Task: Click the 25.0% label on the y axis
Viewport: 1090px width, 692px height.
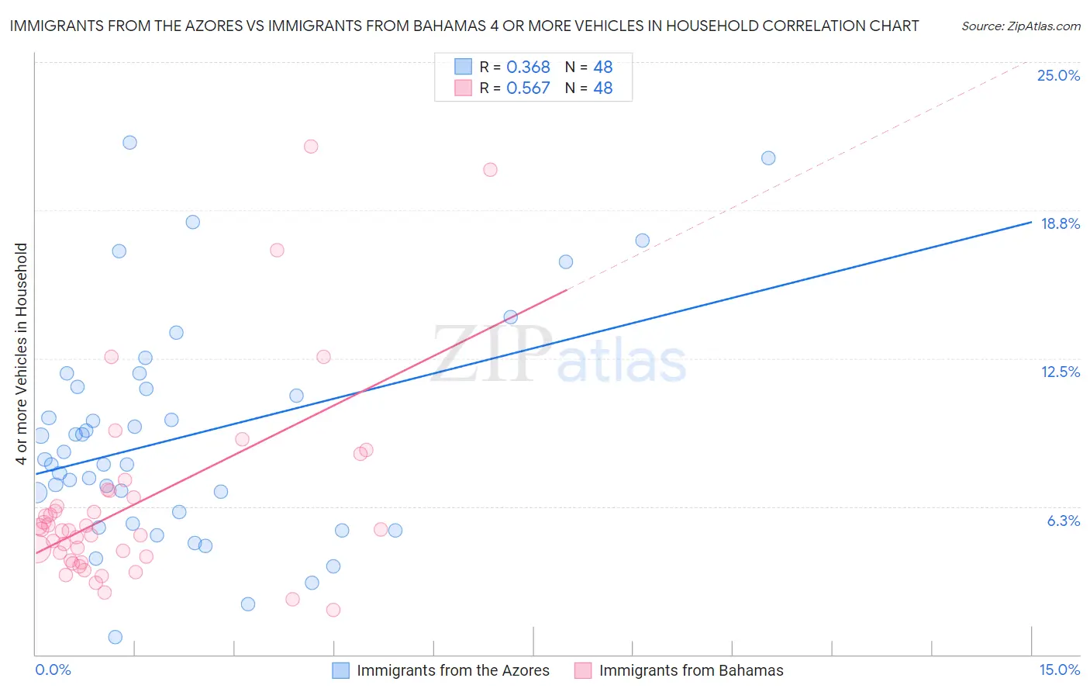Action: click(x=1058, y=75)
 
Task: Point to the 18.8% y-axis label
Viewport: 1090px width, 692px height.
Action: click(x=1060, y=223)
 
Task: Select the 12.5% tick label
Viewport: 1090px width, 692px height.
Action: click(x=1060, y=372)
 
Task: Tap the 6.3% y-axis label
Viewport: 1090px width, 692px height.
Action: click(x=1063, y=521)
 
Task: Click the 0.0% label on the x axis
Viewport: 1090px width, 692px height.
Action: click(x=53, y=670)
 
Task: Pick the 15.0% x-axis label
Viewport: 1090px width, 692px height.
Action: click(x=1059, y=670)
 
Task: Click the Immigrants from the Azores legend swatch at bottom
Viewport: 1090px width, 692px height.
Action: click(x=341, y=670)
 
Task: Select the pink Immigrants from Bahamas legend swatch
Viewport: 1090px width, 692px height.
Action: click(x=583, y=670)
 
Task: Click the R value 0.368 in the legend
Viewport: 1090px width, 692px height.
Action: click(x=528, y=67)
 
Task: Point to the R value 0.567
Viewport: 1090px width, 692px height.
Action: click(x=528, y=88)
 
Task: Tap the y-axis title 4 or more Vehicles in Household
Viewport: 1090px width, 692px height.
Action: click(x=21, y=354)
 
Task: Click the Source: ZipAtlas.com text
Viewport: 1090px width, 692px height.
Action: click(x=1020, y=26)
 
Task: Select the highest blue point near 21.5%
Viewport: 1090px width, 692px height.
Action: click(x=129, y=143)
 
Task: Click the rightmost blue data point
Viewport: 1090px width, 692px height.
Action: click(x=768, y=158)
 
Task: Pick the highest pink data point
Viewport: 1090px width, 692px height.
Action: click(x=311, y=147)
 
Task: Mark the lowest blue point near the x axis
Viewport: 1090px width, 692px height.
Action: click(x=116, y=637)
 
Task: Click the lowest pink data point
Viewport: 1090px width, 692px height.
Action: click(x=333, y=610)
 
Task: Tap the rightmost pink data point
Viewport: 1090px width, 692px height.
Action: click(x=490, y=170)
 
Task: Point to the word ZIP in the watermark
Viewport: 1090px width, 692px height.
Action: click(x=492, y=354)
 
